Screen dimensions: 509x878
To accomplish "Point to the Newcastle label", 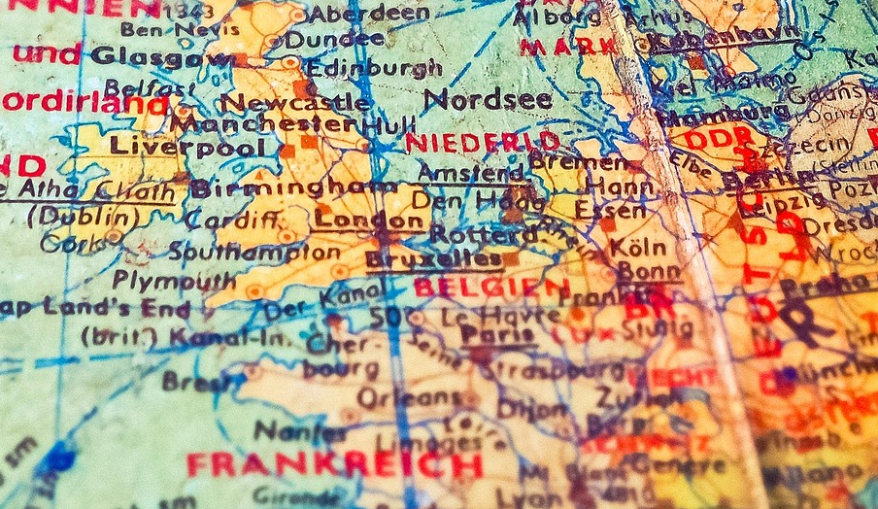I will [x=295, y=102].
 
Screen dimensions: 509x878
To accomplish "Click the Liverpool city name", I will [x=186, y=148].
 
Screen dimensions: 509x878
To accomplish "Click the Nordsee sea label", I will [x=488, y=99].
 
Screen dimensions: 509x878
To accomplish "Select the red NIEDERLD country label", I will [x=482, y=142].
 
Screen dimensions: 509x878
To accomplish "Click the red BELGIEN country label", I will [x=490, y=288].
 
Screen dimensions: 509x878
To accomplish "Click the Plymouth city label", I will [x=173, y=280].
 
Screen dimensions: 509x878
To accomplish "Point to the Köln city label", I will [x=638, y=247].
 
